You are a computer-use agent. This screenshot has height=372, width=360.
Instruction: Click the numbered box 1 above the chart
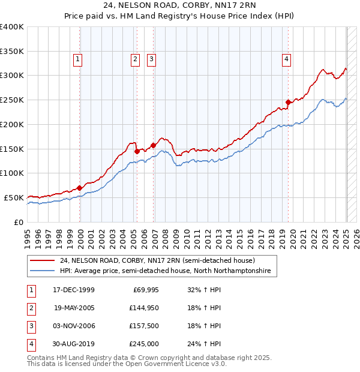click(79, 59)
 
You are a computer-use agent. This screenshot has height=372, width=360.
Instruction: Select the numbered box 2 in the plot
click(135, 59)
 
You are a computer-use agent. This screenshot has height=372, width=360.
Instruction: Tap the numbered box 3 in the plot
click(152, 59)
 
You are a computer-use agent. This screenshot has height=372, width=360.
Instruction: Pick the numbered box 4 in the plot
click(287, 59)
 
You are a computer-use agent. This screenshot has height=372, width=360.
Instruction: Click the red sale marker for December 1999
click(80, 188)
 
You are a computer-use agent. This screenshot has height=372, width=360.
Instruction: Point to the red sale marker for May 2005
click(137, 151)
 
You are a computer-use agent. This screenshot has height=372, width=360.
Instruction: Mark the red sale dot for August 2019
click(288, 103)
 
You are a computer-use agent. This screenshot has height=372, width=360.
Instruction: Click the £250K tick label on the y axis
click(12, 100)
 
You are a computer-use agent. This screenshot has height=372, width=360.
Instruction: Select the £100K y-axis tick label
click(12, 173)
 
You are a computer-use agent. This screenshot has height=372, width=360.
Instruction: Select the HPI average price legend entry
click(165, 271)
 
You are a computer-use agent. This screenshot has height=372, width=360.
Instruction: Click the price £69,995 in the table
click(143, 290)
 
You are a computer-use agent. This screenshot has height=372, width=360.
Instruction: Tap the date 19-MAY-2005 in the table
click(74, 308)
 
